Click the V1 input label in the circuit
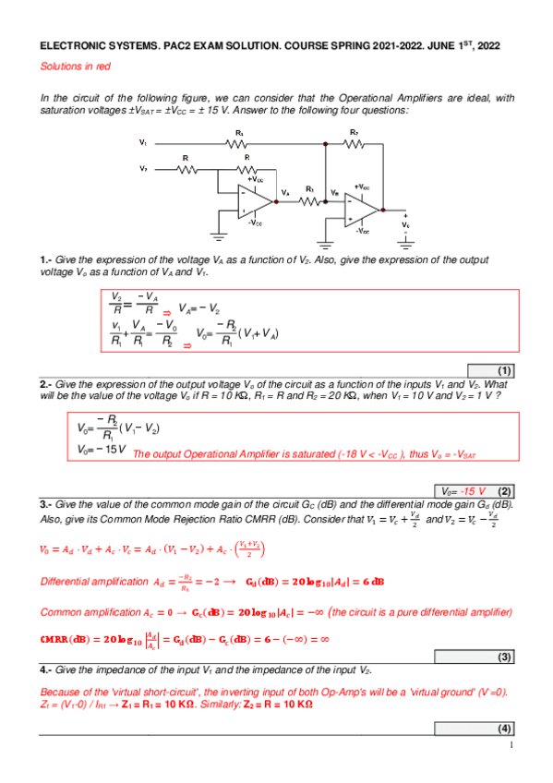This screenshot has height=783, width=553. point(143,143)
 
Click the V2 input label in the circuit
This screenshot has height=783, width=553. point(143,169)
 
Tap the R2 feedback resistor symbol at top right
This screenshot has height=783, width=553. point(353,143)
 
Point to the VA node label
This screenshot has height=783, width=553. point(286,192)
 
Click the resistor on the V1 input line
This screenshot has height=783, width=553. point(239,143)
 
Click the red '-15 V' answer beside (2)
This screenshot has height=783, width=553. point(474,490)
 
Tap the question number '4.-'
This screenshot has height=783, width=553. point(45,668)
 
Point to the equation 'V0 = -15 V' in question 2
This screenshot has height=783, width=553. point(102,449)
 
